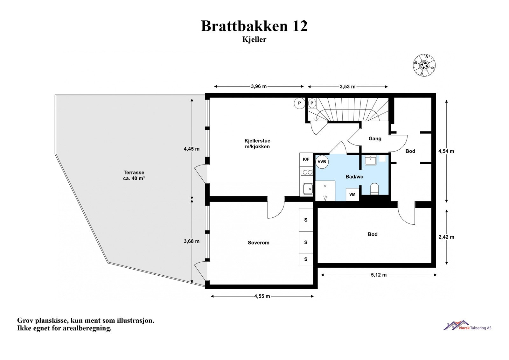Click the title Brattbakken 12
tap(254, 26)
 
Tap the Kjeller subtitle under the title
tap(254, 40)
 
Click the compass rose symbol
tap(424, 66)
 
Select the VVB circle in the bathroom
tap(322, 162)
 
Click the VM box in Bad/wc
tap(352, 194)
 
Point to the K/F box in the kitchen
tap(306, 159)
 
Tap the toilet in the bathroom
tap(374, 188)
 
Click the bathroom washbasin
tap(371, 160)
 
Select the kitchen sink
tap(307, 189)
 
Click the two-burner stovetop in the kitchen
tap(307, 172)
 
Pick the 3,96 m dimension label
tap(259, 86)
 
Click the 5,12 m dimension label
tap(379, 275)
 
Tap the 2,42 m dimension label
tap(446, 237)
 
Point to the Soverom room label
tap(258, 243)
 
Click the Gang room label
tap(375, 139)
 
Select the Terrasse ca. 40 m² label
tap(134, 176)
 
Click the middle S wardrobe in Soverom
tap(306, 243)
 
